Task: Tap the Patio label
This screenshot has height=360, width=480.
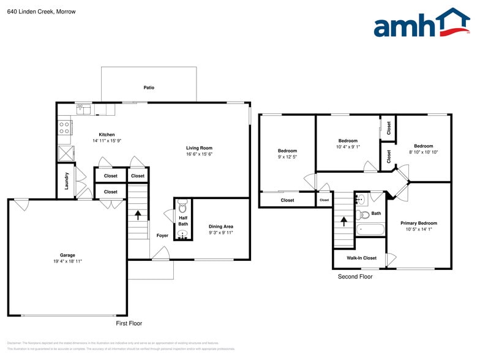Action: tap(149, 88)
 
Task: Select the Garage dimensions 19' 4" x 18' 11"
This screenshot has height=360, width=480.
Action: tap(67, 261)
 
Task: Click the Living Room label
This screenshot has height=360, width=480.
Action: tap(199, 148)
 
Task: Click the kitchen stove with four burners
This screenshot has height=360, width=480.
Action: tap(64, 127)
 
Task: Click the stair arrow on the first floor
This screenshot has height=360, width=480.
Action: tap(138, 214)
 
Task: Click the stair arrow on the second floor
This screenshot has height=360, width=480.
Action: tap(343, 220)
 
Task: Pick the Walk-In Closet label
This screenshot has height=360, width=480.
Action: tap(361, 258)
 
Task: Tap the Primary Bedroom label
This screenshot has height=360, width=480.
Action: tap(419, 223)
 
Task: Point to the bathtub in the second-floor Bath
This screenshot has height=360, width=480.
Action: tap(370, 230)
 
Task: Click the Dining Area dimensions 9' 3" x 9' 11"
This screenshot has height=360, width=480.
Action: tap(220, 233)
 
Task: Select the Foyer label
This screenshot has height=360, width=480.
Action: tap(162, 236)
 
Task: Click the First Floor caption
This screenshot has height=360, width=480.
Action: tap(129, 323)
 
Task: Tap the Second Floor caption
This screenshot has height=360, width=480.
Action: tap(355, 277)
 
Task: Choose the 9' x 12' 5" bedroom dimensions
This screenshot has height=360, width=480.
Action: tap(287, 157)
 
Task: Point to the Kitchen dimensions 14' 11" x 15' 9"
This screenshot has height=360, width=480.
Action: tap(107, 141)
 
